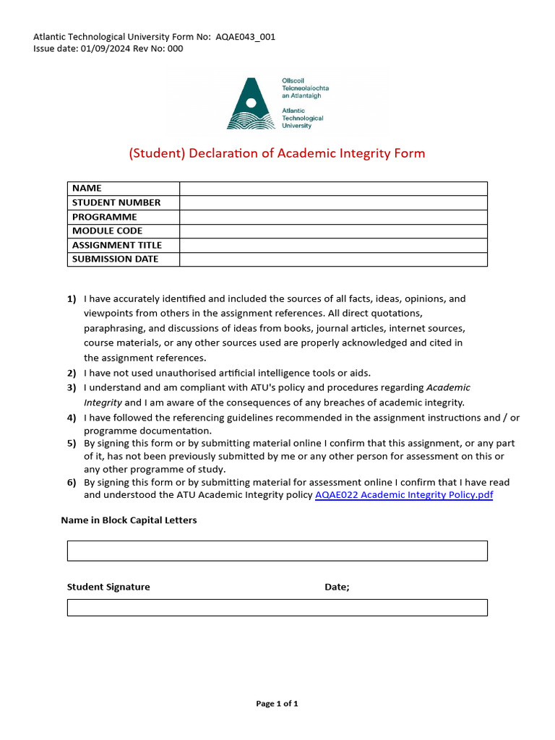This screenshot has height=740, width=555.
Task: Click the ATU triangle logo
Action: click(x=251, y=105)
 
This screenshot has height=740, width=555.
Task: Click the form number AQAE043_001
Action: click(x=245, y=37)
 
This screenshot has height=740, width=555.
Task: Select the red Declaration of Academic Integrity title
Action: click(x=277, y=153)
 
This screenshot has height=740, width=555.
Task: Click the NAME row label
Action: click(x=87, y=189)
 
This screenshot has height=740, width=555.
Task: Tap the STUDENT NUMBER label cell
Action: click(x=116, y=203)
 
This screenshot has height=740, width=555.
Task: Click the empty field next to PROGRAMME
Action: click(x=333, y=217)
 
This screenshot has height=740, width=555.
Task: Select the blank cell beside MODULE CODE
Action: click(x=333, y=231)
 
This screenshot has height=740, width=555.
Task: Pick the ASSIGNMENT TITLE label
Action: click(x=117, y=245)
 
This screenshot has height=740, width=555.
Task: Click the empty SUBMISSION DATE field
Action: click(x=333, y=259)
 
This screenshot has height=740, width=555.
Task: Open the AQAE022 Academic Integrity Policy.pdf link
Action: click(x=404, y=495)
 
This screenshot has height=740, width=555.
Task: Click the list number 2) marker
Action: click(x=72, y=373)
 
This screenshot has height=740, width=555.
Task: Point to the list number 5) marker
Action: click(x=72, y=443)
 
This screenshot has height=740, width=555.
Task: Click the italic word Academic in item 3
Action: click(x=448, y=387)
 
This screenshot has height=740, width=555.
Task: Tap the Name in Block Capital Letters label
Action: click(x=129, y=520)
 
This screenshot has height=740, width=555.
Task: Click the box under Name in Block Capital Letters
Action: click(x=277, y=551)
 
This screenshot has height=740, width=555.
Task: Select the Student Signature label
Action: click(x=108, y=587)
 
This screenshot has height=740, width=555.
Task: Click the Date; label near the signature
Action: click(x=337, y=587)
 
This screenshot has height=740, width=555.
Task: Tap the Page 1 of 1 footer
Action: click(x=277, y=704)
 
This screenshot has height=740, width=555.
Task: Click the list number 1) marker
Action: click(x=72, y=298)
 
